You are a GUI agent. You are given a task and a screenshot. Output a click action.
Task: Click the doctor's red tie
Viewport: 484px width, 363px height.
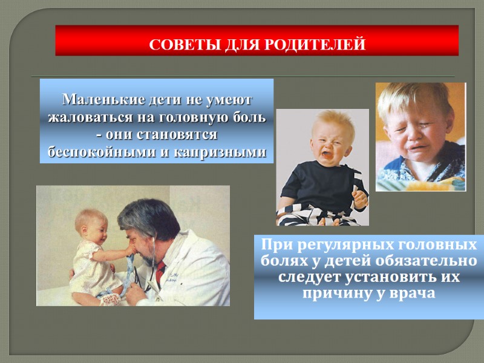point(160,272)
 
